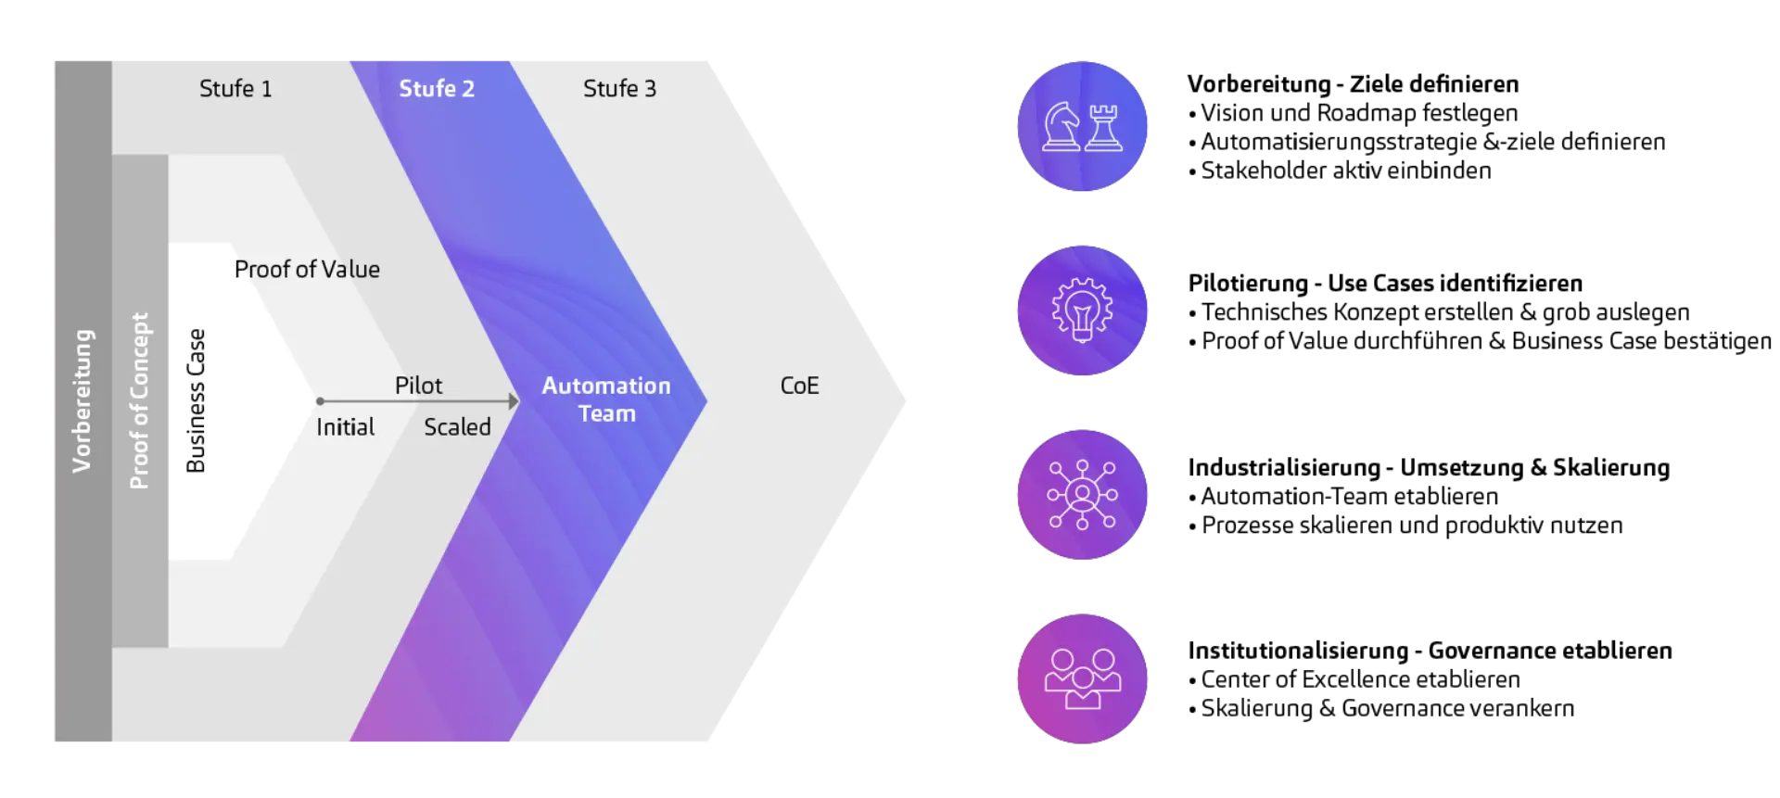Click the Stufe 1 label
point(235,89)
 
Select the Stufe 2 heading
point(436,89)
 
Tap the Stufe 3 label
point(619,89)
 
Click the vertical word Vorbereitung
point(83,400)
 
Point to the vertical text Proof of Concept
point(139,400)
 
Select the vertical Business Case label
point(196,400)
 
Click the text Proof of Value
point(307,270)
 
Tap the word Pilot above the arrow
point(418,386)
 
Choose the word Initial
point(345,427)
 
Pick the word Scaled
point(457,427)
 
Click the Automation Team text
point(606,399)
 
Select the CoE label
point(799,386)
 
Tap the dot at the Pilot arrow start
point(320,401)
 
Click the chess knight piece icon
point(1061,126)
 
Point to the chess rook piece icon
point(1103,127)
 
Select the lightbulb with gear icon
point(1082,310)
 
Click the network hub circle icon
point(1082,494)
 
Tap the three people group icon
point(1082,678)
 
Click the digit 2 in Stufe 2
point(468,89)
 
